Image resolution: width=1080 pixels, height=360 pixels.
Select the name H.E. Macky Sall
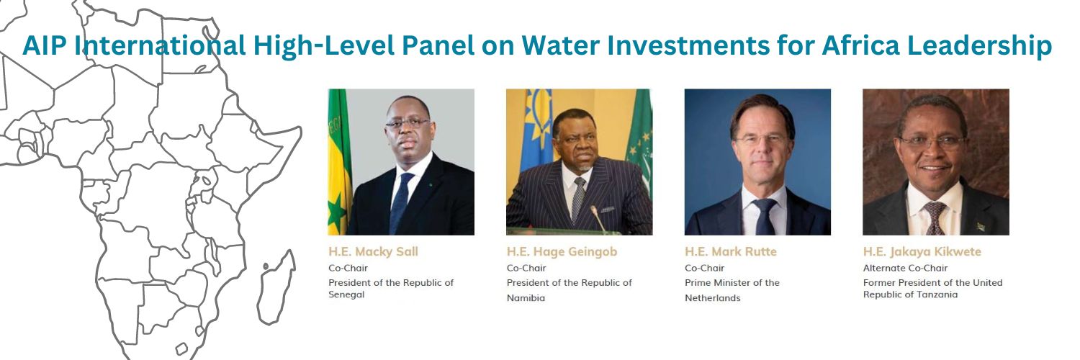pyautogui.click(x=373, y=252)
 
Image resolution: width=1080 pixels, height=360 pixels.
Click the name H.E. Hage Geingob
pyautogui.click(x=562, y=252)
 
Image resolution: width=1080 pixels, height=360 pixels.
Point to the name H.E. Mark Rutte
pyautogui.click(x=730, y=252)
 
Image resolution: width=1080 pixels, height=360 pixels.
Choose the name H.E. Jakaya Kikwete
pyautogui.click(x=922, y=252)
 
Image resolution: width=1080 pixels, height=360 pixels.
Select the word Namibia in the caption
pyautogui.click(x=526, y=297)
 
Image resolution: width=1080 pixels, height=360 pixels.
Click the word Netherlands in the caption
pyautogui.click(x=712, y=297)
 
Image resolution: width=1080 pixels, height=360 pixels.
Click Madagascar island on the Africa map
pyautogui.click(x=276, y=287)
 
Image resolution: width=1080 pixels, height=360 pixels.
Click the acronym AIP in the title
pyautogui.click(x=47, y=46)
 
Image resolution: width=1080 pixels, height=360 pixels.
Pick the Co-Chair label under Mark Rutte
pyautogui.click(x=704, y=268)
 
